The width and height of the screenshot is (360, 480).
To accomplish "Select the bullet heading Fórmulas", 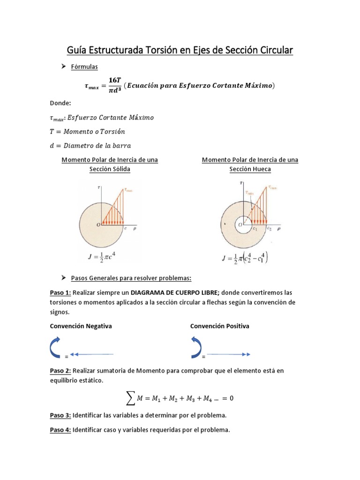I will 84,67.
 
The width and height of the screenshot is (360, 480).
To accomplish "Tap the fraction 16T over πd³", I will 114,85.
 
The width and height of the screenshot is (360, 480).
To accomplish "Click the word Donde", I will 60,103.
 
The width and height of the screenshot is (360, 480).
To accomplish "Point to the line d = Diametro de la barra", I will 90,145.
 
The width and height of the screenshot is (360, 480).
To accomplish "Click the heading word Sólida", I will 119,169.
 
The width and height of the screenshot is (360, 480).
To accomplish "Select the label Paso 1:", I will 60,292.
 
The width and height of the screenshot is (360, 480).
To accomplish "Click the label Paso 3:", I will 60,415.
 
